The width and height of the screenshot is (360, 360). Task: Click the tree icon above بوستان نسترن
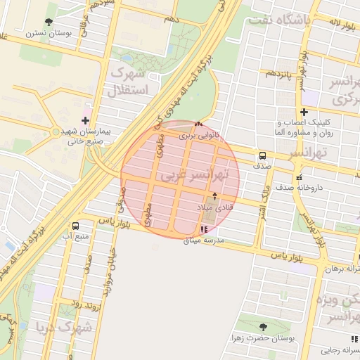pos(49,22)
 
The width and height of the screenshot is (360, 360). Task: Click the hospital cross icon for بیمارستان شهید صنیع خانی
pos(85,120)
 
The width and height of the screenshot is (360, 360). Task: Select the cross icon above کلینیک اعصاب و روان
pos(304,112)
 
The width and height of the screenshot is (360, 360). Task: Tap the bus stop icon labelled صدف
pos(262,155)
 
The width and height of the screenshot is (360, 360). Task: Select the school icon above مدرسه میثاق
pos(204,229)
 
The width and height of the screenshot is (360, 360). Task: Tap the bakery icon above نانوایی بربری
pos(199,124)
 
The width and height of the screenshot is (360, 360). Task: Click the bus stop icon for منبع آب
pos(75,225)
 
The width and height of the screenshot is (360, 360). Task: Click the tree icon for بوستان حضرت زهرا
pos(263,327)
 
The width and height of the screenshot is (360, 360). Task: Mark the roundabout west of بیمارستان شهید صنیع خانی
pos(56,131)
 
